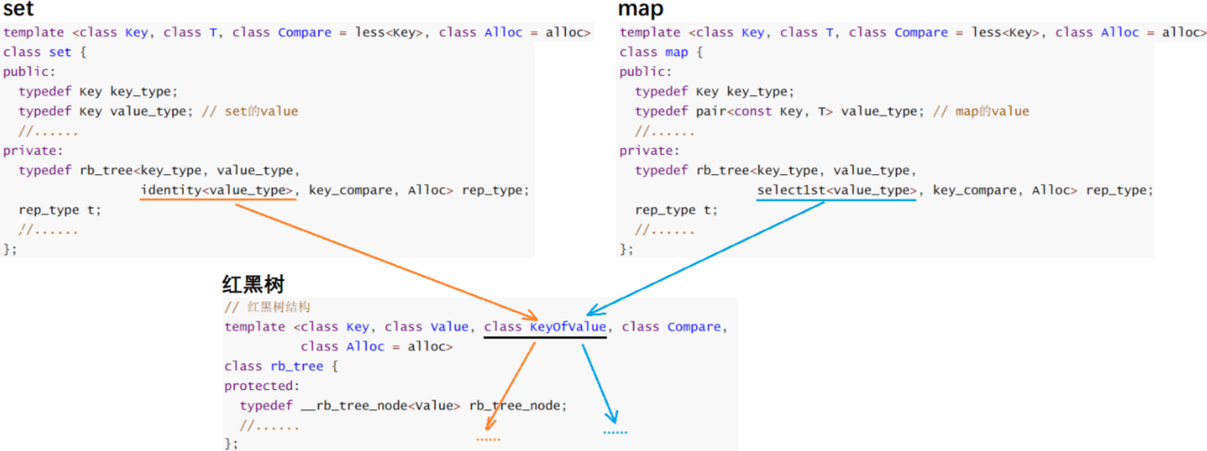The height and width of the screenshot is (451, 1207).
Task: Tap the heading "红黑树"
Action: (253, 285)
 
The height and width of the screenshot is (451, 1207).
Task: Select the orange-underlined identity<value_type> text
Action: (217, 190)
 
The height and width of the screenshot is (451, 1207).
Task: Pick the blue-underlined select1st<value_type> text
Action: (836, 190)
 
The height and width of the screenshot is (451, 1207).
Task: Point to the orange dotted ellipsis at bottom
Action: (488, 440)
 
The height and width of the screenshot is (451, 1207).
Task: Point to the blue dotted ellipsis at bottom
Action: (615, 432)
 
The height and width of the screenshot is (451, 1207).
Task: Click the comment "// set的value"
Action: (250, 112)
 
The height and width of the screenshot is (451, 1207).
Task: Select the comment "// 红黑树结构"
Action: (268, 308)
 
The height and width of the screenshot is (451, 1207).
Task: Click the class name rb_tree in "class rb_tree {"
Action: (297, 366)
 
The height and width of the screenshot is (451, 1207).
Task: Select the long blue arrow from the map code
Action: (708, 256)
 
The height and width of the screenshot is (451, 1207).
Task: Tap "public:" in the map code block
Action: (643, 72)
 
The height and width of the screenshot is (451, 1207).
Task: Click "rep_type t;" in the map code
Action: (676, 210)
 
